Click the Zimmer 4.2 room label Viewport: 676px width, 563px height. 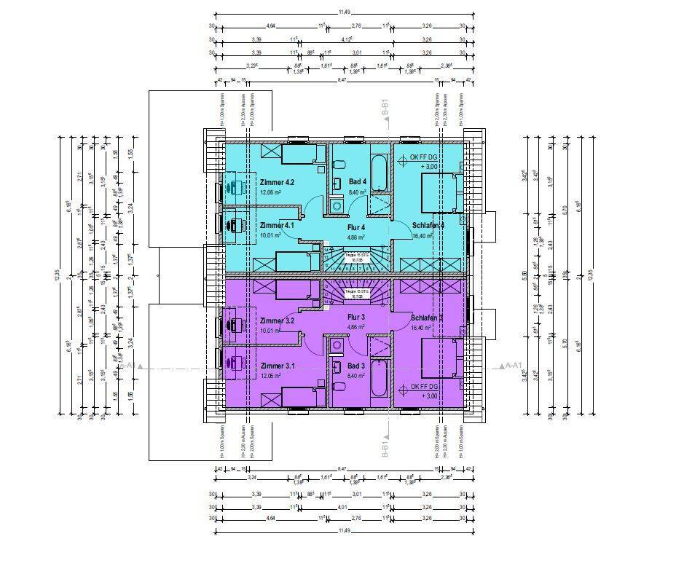pyautogui.click(x=276, y=182)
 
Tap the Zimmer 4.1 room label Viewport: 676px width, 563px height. pyautogui.click(x=276, y=226)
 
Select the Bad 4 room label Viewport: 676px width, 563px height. pyautogui.click(x=357, y=181)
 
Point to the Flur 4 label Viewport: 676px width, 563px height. pyautogui.click(x=355, y=227)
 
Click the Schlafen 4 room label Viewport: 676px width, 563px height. pyautogui.click(x=428, y=225)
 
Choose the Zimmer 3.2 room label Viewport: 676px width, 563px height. pyautogui.click(x=276, y=321)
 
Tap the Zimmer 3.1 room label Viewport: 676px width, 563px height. pyautogui.click(x=276, y=366)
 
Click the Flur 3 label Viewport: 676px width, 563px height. pyautogui.click(x=355, y=318)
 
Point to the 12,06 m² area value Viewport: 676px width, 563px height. pyautogui.click(x=272, y=193)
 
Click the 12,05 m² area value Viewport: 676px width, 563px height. pyautogui.click(x=272, y=377)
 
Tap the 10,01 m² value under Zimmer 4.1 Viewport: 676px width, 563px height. pyautogui.click(x=272, y=236)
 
